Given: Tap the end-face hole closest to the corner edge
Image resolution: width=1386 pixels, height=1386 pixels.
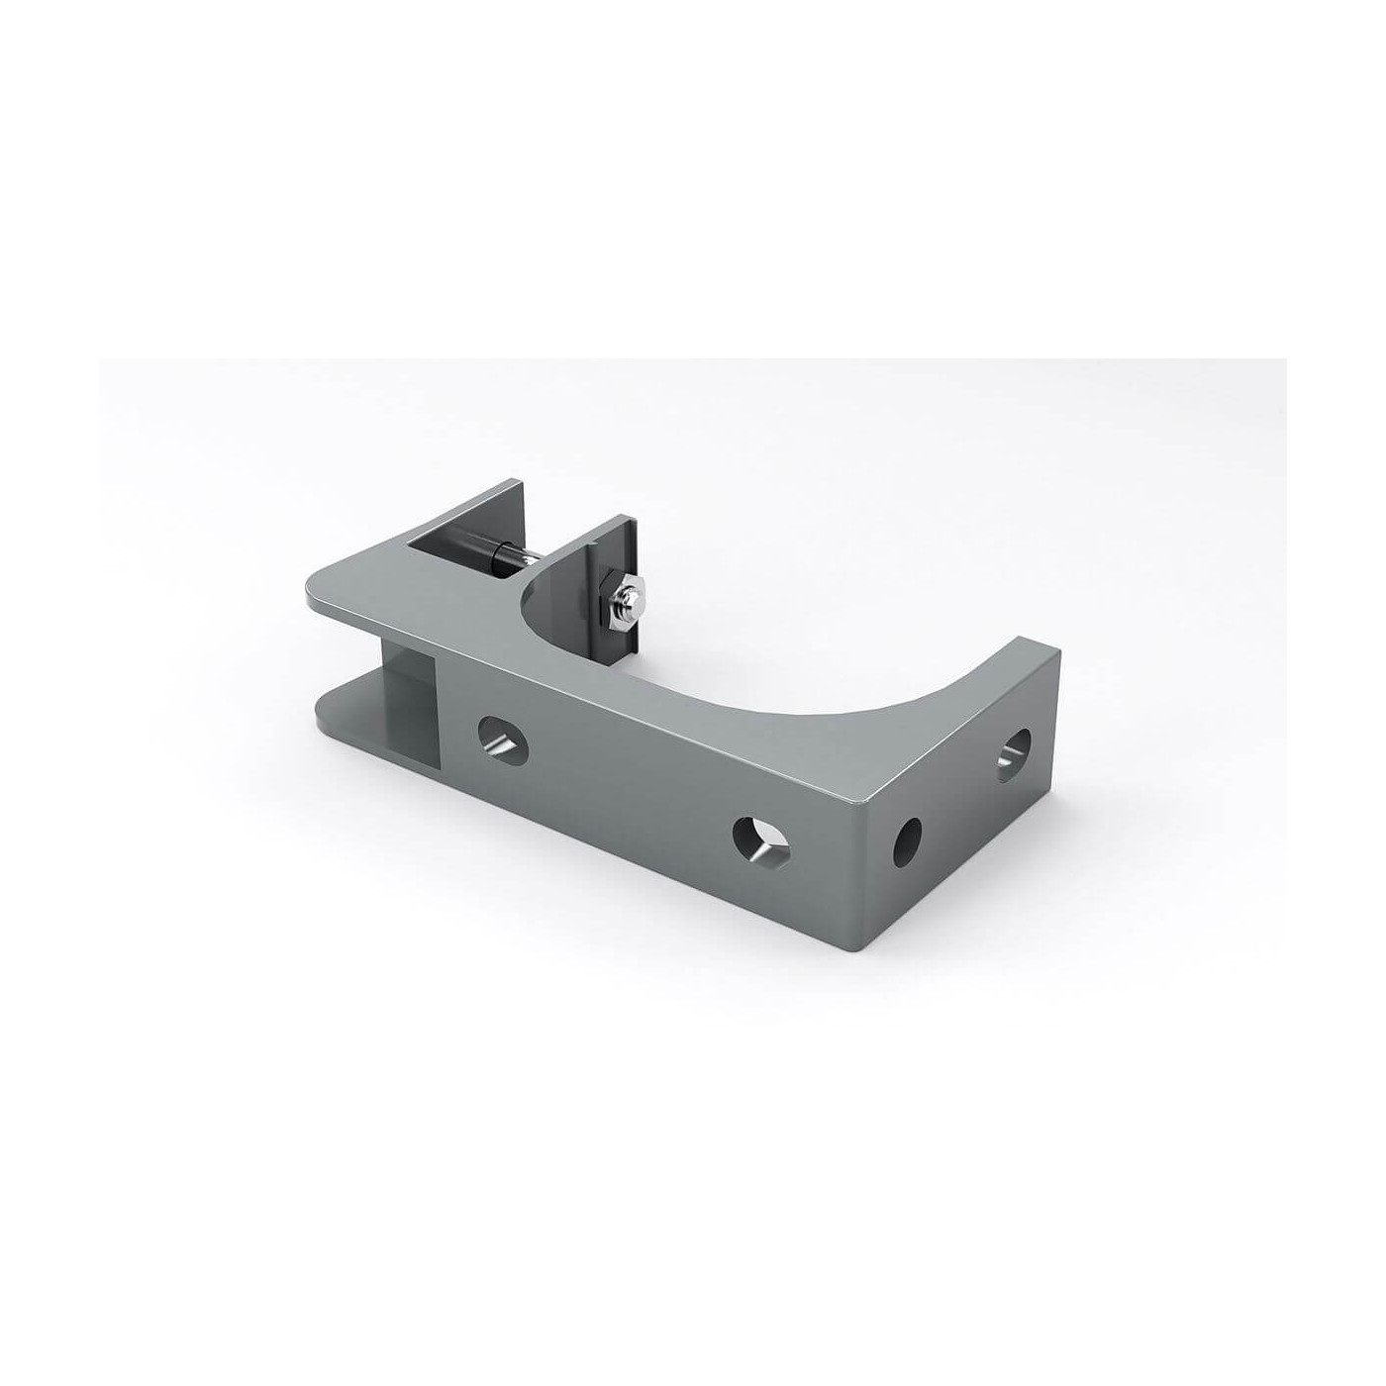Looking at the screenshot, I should [907, 843].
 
